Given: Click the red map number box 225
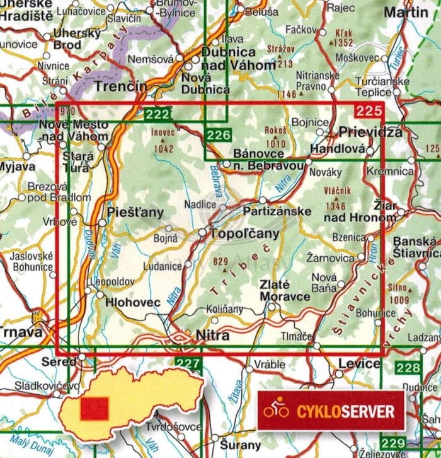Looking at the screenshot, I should (368, 112).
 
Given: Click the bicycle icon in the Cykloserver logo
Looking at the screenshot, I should (276, 411).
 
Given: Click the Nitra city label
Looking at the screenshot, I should (212, 336).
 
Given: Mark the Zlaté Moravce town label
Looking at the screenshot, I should (285, 290).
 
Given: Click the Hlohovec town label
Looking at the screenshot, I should (133, 302).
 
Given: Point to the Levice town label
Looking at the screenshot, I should (359, 363).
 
